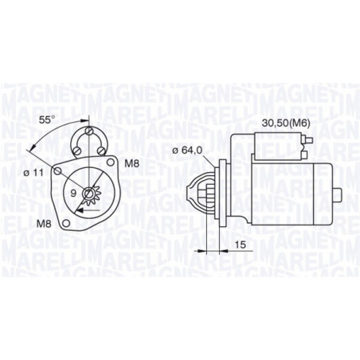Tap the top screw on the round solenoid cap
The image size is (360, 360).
pos(88,131)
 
